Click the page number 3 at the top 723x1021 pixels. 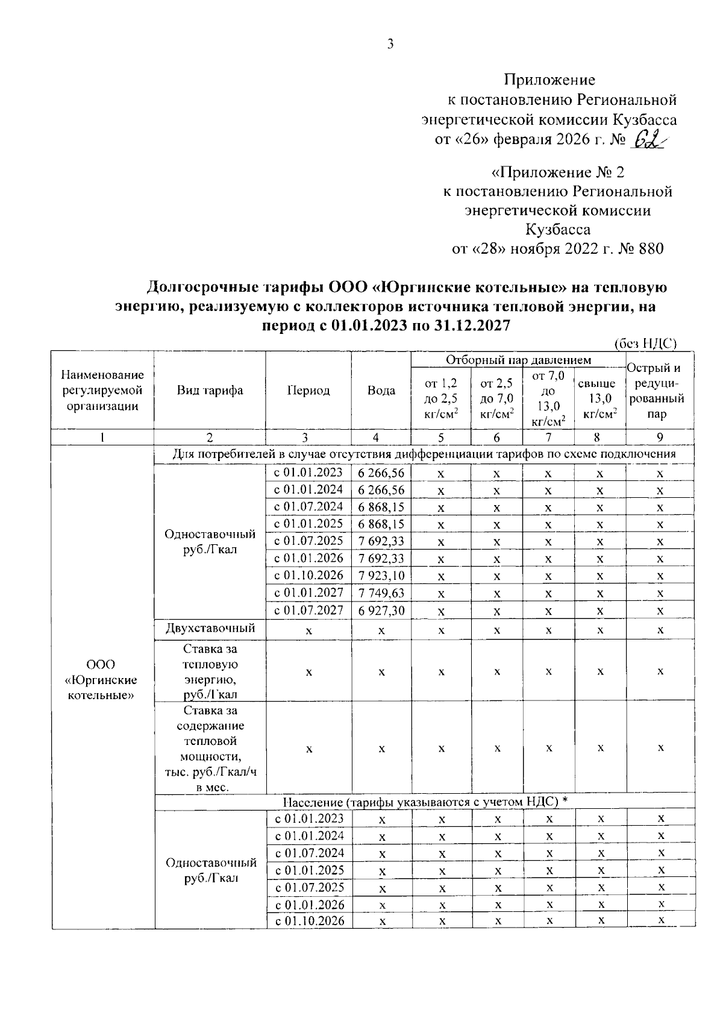tap(390, 44)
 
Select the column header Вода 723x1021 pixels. tap(381, 391)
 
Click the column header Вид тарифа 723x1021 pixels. tap(210, 391)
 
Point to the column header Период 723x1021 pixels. tap(308, 391)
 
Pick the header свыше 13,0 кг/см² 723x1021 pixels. tap(600, 398)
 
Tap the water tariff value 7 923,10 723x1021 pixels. tap(381, 576)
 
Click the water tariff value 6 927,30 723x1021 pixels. tap(381, 611)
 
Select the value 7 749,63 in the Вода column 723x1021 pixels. tap(381, 593)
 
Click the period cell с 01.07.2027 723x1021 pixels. tap(308, 611)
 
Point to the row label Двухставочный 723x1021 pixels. tap(210, 628)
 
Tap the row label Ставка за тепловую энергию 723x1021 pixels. tap(210, 671)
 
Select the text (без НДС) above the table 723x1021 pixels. tap(645, 344)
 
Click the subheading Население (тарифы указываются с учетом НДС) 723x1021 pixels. tap(425, 801)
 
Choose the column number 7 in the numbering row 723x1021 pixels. tap(548, 438)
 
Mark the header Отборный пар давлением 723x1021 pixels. tap(518, 360)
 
